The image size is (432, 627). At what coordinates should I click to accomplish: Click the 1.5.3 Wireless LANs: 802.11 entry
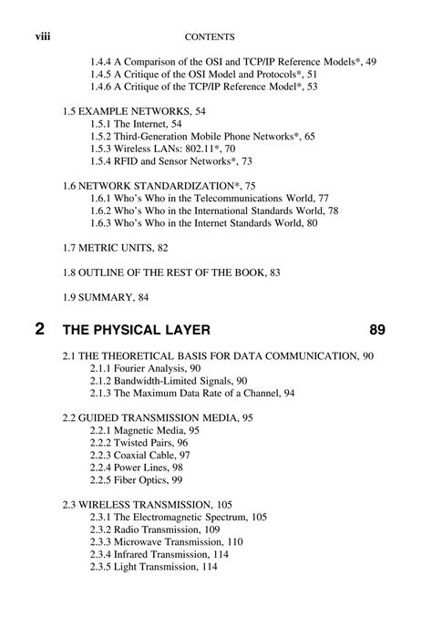click(170, 148)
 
